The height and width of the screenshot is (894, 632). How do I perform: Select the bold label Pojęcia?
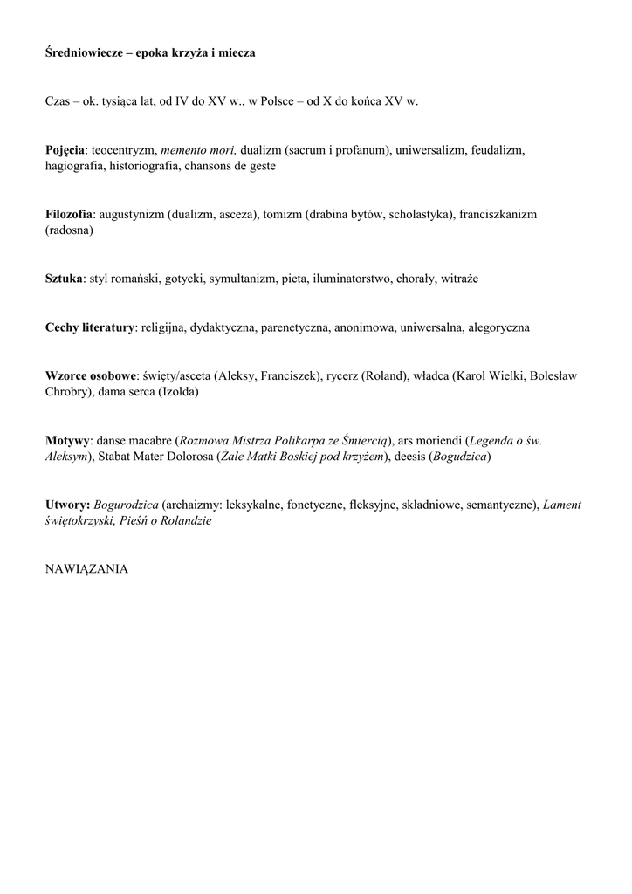(x=65, y=150)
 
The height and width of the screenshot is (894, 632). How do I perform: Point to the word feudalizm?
(x=498, y=150)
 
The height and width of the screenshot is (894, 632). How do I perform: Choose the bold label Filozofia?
(x=69, y=214)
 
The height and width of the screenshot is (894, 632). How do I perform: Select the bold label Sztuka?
(x=64, y=279)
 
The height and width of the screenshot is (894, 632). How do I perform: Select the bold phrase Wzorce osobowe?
(x=91, y=375)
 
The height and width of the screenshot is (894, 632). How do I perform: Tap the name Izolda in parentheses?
(x=178, y=391)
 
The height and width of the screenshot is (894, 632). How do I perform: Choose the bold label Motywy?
(x=68, y=439)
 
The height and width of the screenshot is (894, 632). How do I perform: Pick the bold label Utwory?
(x=67, y=504)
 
